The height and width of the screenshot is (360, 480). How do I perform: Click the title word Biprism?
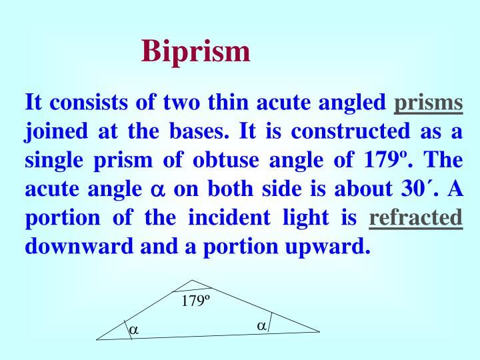(x=196, y=51)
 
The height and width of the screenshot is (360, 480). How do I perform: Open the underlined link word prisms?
(x=429, y=103)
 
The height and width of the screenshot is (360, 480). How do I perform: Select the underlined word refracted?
(x=415, y=218)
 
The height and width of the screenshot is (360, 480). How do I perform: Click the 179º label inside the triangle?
(x=195, y=301)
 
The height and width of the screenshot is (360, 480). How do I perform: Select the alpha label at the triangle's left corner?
(x=134, y=329)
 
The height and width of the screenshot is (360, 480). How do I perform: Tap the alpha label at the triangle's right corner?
(x=262, y=325)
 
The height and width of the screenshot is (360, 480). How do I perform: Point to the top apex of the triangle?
(x=193, y=280)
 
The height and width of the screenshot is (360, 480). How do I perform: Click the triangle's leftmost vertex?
(x=97, y=339)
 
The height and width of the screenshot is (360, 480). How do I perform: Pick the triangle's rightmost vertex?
(x=319, y=331)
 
